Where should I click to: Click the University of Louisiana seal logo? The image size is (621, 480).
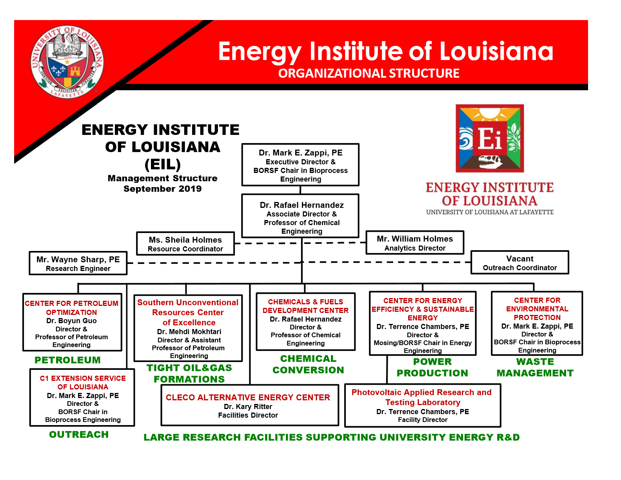(x=67, y=62)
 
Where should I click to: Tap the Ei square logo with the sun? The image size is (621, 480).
(x=490, y=138)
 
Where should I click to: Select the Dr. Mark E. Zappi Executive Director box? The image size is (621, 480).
(x=300, y=165)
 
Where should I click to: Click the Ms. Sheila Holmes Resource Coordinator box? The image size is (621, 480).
(x=185, y=244)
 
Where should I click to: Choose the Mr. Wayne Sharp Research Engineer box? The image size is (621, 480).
(x=78, y=263)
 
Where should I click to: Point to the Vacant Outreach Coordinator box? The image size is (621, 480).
(x=520, y=262)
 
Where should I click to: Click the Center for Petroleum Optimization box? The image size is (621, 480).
(x=72, y=322)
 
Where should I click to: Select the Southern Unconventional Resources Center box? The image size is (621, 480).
(x=188, y=328)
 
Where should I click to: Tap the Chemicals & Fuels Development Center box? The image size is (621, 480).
(x=306, y=322)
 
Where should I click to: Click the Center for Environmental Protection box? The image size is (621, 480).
(x=537, y=324)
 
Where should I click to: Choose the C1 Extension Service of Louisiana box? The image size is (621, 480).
(x=82, y=398)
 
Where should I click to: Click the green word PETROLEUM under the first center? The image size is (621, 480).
(x=68, y=360)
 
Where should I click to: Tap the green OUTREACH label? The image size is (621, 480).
(x=79, y=435)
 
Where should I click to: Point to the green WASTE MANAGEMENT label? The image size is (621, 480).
(x=535, y=367)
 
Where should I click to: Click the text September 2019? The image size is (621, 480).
(x=163, y=189)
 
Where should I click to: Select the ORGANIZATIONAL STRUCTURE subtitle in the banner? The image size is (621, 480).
(x=369, y=73)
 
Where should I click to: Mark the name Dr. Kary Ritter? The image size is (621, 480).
(x=248, y=407)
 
